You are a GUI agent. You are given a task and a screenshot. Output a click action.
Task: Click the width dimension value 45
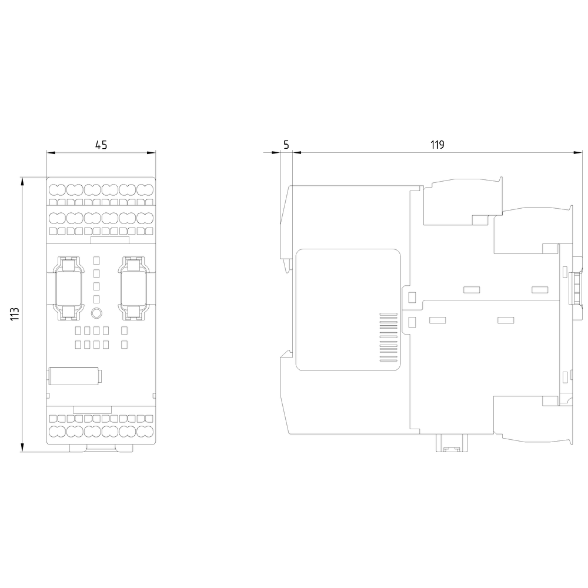pyautogui.click(x=101, y=145)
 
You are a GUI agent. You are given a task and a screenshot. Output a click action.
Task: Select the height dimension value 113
pyautogui.click(x=15, y=314)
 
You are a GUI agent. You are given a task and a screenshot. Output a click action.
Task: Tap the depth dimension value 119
pyautogui.click(x=436, y=145)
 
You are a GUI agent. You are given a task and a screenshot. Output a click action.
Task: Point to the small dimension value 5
pyautogui.click(x=286, y=145)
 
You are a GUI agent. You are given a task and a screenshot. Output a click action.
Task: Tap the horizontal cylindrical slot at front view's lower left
pyautogui.click(x=75, y=376)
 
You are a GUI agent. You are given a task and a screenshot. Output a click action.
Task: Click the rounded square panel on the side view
pyautogui.click(x=349, y=309)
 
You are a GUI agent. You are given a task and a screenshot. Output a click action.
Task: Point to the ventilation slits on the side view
pyautogui.click(x=388, y=340)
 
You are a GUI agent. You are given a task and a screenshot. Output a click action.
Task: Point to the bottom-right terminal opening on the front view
pyautogui.click(x=145, y=431)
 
